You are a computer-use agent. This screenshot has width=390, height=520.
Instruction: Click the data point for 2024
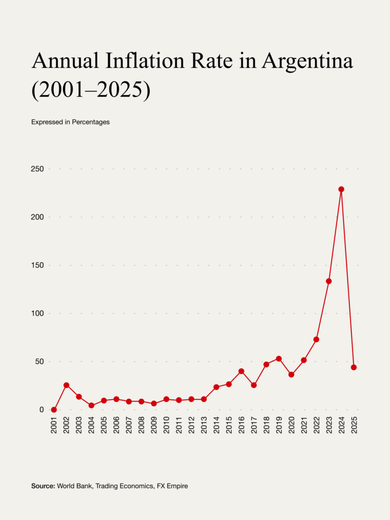coord(341,189)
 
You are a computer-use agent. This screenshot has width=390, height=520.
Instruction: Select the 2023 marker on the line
coord(329,281)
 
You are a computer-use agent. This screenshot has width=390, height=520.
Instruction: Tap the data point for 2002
coord(66,385)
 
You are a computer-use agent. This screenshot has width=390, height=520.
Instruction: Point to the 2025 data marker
coord(353,367)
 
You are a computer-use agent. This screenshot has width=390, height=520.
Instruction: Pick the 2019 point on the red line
coord(279,359)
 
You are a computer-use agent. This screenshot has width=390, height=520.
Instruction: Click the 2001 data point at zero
coord(54,410)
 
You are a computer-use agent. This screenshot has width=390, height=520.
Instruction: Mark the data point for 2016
coord(241,371)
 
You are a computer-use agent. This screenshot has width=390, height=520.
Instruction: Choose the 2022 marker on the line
coord(316,339)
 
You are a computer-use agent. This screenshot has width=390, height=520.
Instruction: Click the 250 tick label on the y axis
coord(37,169)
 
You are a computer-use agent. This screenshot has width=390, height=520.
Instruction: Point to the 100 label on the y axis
coord(37,314)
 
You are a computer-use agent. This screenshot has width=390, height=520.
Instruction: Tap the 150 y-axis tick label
coord(37,266)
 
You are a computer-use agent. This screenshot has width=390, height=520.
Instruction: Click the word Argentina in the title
coord(307,61)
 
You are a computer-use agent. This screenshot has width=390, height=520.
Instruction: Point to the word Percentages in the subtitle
coord(90,122)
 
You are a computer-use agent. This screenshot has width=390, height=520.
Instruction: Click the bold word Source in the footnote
coord(43,486)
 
